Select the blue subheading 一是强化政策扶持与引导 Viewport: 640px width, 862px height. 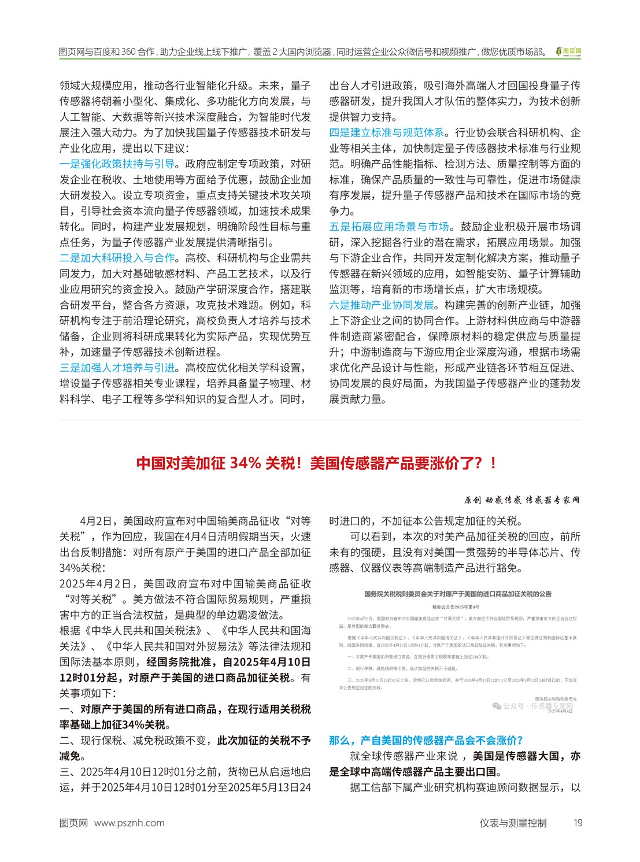[117, 164]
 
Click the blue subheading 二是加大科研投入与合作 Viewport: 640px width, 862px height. [117, 258]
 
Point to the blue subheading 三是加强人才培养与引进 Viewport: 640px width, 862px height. [117, 368]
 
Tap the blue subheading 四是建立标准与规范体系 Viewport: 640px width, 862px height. [387, 133]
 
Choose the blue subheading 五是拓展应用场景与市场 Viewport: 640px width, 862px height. [389, 227]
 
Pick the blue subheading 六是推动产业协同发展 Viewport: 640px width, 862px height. [382, 305]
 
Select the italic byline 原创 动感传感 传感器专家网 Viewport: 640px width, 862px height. [522, 500]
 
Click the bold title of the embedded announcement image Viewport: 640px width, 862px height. [457, 594]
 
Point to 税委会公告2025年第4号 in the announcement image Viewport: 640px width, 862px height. [457, 606]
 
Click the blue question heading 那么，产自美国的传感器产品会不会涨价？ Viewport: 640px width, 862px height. [426, 741]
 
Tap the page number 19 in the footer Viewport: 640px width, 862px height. [578, 823]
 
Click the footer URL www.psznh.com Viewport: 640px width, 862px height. [129, 823]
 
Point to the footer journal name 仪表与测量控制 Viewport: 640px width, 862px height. [512, 823]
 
